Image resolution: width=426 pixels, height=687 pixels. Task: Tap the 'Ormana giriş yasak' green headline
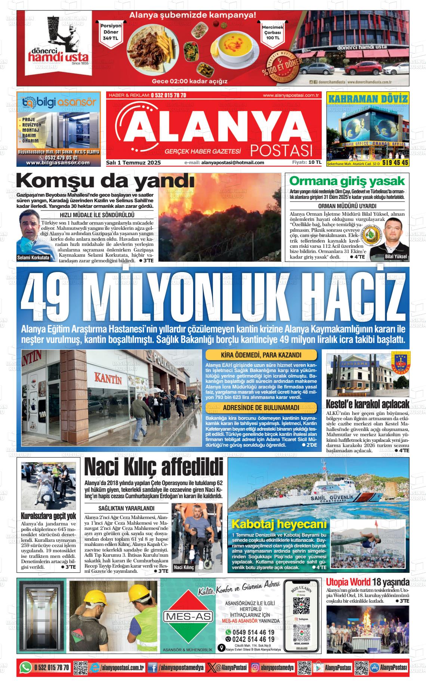click(x=347, y=182)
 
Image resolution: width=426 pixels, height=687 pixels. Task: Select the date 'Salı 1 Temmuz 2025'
click(x=134, y=163)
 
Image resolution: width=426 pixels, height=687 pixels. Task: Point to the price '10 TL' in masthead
click(x=315, y=162)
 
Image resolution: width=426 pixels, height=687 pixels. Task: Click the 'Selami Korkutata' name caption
click(x=33, y=257)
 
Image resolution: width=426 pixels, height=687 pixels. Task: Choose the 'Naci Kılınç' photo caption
click(x=184, y=568)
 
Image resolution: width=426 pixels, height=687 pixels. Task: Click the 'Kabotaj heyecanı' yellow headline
click(x=279, y=524)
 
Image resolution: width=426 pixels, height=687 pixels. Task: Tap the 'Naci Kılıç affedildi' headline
click(x=154, y=468)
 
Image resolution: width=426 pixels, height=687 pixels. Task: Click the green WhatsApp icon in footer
click(x=25, y=668)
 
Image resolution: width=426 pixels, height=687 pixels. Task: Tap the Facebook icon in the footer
click(x=152, y=668)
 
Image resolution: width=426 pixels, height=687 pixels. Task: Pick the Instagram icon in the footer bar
click(x=255, y=668)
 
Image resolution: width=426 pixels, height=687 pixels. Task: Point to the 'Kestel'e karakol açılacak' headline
click(x=368, y=404)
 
